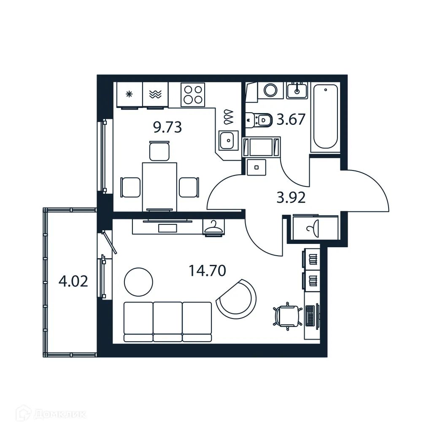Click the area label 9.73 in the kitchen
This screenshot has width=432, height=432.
click(x=167, y=127)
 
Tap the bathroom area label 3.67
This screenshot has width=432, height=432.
click(x=291, y=120)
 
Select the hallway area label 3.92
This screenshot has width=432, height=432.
click(x=291, y=197)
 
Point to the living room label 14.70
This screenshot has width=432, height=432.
click(x=208, y=270)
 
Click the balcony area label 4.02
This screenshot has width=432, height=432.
click(x=73, y=281)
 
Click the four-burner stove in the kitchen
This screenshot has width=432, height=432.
click(x=193, y=95)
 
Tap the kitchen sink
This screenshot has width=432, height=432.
click(x=228, y=140)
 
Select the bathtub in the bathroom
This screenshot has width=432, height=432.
click(x=325, y=116)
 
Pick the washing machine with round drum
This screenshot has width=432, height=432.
click(x=270, y=90)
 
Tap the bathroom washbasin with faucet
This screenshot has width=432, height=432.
click(x=297, y=90)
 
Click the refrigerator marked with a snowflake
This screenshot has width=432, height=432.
click(x=130, y=94)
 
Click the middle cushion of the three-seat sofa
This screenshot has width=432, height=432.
click(x=167, y=321)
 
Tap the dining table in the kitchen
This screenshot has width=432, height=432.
click(x=159, y=186)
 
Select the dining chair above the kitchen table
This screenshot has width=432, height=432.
click(x=159, y=151)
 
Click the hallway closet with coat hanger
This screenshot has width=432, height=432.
click(x=313, y=228)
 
